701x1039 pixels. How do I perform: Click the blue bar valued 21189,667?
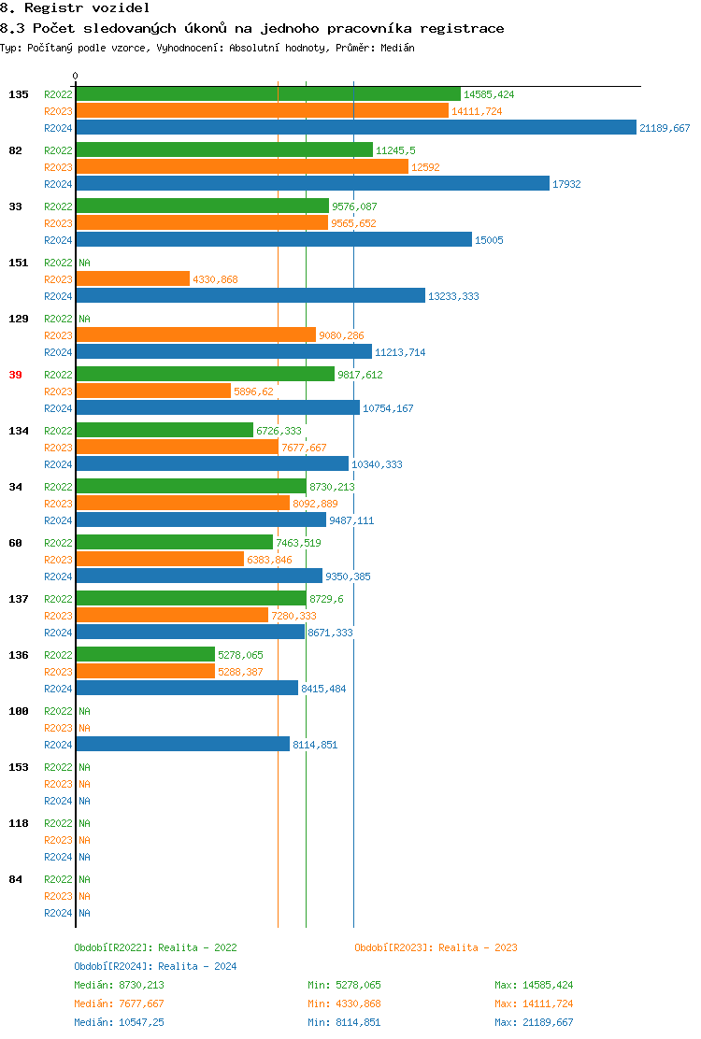[355, 128]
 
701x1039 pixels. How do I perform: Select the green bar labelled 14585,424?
[268, 94]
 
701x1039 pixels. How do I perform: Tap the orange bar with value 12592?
[242, 167]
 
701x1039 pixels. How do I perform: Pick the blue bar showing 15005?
[274, 240]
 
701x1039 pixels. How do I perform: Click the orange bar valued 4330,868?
[133, 279]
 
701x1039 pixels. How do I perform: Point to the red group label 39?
[15, 375]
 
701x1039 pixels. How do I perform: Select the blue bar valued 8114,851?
[183, 745]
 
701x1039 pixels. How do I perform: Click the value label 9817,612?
[360, 375]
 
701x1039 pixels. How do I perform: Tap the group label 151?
[18, 263]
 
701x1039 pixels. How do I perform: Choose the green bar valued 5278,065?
[146, 655]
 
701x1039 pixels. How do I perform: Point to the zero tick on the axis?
[76, 77]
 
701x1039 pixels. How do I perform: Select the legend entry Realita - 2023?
[478, 947]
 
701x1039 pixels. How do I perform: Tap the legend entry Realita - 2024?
[197, 966]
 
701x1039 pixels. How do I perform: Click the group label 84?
[15, 879]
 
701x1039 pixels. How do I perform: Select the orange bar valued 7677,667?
[178, 448]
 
